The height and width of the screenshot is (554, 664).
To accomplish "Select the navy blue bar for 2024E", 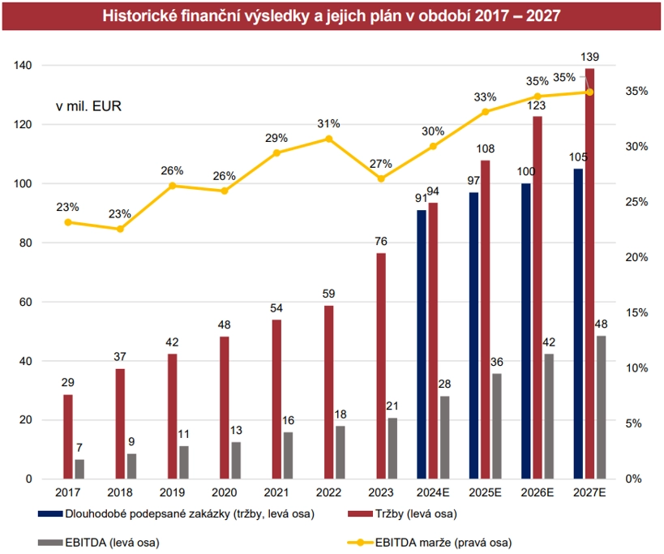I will (422, 345).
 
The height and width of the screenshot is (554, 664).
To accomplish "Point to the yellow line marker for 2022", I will (329, 139).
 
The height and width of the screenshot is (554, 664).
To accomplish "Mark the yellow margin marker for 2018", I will (120, 229).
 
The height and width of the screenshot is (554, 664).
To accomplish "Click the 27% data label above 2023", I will (381, 163).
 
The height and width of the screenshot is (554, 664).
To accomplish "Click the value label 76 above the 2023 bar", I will (381, 242).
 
